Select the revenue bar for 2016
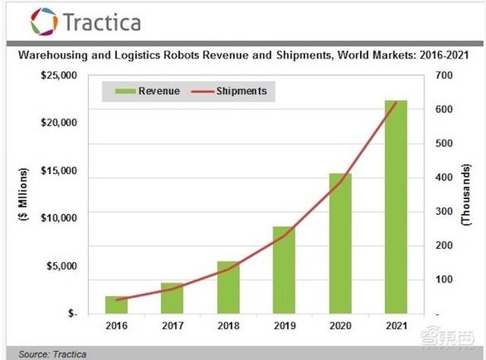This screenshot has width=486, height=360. click(x=116, y=305)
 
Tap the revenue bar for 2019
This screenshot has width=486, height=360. click(x=284, y=270)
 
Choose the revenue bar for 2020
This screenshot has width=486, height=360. click(x=339, y=243)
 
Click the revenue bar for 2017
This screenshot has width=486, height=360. click(x=172, y=298)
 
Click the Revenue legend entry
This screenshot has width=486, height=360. click(x=148, y=92)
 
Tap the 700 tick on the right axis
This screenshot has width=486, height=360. click(x=443, y=75)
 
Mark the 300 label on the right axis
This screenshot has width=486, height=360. click(x=443, y=212)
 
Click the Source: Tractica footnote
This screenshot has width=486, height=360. click(x=52, y=354)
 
